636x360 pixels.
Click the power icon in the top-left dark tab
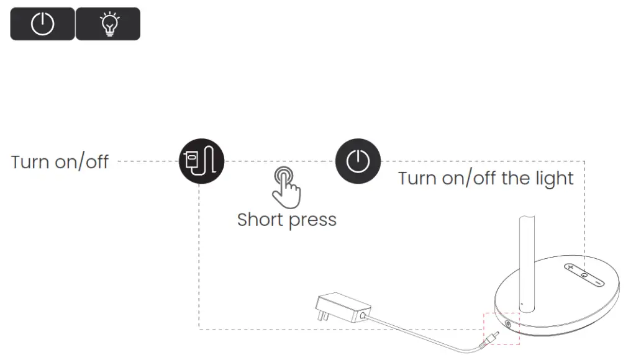(42, 24)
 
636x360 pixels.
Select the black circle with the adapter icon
(201, 161)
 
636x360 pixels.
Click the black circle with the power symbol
(358, 161)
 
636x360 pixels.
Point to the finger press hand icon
(285, 186)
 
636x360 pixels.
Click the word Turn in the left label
(30, 163)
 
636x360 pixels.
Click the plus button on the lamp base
(571, 268)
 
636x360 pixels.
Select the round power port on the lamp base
(509, 324)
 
